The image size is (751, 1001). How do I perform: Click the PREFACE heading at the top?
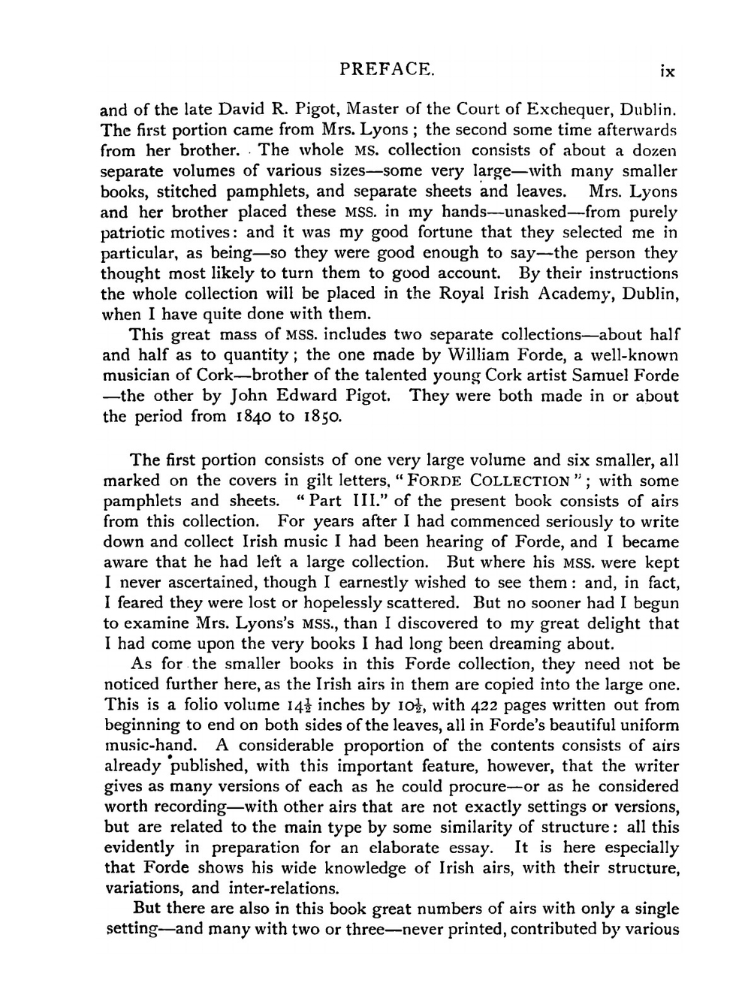(387, 70)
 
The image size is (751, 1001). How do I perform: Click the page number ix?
(667, 71)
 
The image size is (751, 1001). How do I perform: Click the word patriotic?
(133, 233)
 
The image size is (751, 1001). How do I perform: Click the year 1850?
(321, 417)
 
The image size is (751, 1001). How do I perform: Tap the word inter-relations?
(273, 889)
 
